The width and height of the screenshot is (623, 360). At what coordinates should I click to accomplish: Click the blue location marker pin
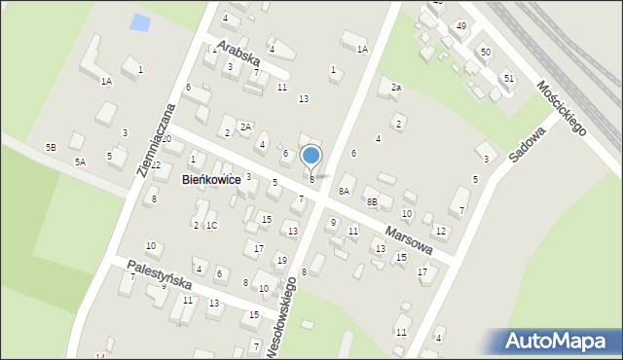point(311,156)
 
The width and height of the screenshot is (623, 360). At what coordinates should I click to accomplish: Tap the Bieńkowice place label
point(211,180)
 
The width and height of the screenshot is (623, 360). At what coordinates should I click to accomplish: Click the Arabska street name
point(240,52)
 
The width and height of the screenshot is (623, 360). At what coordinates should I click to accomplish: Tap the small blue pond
point(141,22)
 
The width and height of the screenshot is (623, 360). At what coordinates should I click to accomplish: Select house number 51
point(508,77)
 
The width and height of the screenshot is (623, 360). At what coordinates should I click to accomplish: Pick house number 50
point(485,52)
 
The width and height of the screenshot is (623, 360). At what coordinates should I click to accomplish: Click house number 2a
point(396,88)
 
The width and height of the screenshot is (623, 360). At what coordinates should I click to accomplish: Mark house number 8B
point(372,200)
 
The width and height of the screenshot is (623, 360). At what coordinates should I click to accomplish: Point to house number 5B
point(51,147)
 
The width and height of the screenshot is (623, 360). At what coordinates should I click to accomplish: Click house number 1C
point(211,226)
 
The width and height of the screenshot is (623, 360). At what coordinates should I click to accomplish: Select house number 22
point(156,164)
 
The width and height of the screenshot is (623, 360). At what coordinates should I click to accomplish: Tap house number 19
point(281,260)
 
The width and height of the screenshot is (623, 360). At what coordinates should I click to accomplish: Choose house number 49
point(461,25)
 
